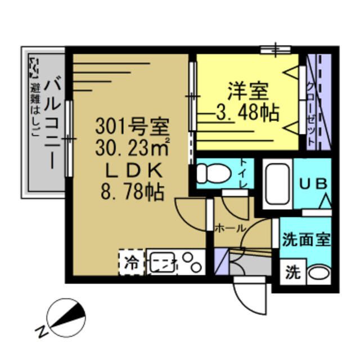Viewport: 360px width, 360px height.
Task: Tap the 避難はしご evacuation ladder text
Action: click(x=36, y=110)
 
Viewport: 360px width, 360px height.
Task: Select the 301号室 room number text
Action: click(x=133, y=124)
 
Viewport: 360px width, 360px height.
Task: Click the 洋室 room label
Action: click(x=247, y=90)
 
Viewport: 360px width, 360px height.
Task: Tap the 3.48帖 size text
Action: click(x=247, y=113)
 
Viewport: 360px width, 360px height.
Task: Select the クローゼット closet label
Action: click(x=310, y=107)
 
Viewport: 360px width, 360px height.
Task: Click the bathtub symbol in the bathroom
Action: click(x=276, y=185)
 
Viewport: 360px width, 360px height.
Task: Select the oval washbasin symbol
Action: click(x=318, y=274)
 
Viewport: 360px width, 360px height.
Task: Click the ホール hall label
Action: click(x=230, y=228)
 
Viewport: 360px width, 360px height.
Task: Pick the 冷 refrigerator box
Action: click(x=130, y=262)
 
